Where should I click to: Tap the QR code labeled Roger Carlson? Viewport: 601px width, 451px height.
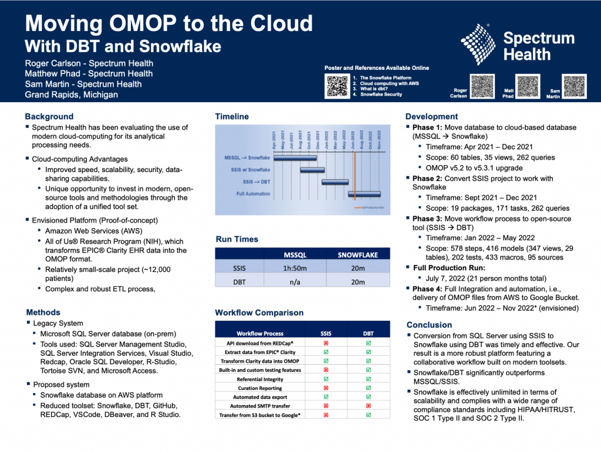(x=483, y=86)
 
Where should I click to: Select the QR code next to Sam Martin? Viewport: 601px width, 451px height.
(x=574, y=86)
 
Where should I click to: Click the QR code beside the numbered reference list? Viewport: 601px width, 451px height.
(x=337, y=86)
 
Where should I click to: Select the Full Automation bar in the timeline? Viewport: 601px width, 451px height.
(x=368, y=193)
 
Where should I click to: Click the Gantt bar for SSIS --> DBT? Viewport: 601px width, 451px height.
(x=335, y=181)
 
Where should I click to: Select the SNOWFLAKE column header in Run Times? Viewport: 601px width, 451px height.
(x=357, y=255)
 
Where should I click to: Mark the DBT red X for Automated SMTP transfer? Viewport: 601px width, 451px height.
(x=368, y=406)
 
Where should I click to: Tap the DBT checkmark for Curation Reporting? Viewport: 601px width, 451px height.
(x=368, y=388)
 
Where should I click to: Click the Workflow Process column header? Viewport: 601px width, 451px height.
(x=260, y=333)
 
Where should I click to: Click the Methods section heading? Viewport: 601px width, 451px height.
(x=43, y=312)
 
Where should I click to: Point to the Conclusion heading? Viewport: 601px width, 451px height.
(x=429, y=325)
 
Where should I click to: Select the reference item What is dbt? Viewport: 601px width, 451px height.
(x=376, y=89)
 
